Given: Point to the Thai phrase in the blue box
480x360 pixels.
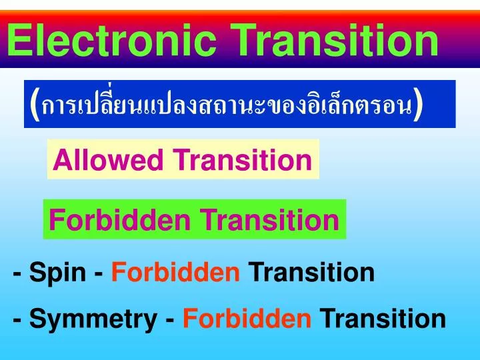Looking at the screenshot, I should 226,105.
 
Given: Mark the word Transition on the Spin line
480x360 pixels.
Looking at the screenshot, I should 311,272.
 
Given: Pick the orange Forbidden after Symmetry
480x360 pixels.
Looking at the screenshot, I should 247,319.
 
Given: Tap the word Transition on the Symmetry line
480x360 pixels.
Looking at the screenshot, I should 383,319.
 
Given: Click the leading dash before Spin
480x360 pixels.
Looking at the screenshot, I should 17,273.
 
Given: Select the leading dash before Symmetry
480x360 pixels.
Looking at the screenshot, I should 17,320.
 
